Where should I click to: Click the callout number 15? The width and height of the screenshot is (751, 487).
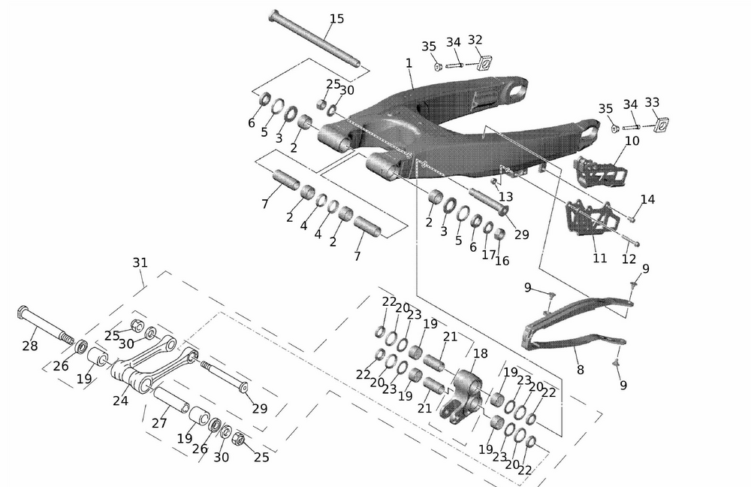click(x=336, y=18)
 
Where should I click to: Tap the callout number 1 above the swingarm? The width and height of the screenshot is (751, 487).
click(x=409, y=64)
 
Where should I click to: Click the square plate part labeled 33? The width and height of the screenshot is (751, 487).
click(x=660, y=123)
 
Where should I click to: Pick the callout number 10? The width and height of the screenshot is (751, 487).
click(x=632, y=141)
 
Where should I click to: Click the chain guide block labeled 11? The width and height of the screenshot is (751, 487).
click(x=586, y=218)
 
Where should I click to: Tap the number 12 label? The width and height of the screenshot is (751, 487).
click(x=629, y=259)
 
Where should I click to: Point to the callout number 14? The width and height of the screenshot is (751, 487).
click(x=647, y=199)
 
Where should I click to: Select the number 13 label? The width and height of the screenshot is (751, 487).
click(x=505, y=196)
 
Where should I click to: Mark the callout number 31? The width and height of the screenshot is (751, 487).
click(x=140, y=262)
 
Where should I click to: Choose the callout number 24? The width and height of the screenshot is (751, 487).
click(x=120, y=401)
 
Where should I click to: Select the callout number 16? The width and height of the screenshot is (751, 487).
click(x=501, y=261)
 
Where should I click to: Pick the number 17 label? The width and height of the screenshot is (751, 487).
click(x=489, y=255)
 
